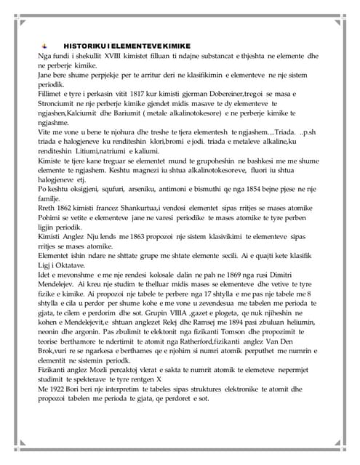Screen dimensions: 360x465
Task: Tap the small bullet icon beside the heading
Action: (x=46, y=45)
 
